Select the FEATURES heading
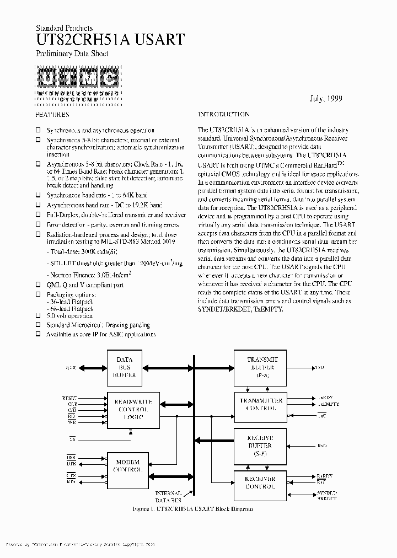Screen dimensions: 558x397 [x=52, y=115]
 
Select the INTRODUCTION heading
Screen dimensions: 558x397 [x=223, y=115]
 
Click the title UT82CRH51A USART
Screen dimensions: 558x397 [x=110, y=39]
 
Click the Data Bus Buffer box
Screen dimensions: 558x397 [x=124, y=367]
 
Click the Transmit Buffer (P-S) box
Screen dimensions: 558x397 [x=261, y=367]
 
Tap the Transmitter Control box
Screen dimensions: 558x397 [x=261, y=405]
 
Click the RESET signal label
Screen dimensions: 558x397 [x=71, y=398]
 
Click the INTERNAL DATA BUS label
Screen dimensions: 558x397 [x=168, y=496]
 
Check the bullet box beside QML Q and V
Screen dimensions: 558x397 [x=38, y=285]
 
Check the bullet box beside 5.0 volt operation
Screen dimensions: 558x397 [x=38, y=317]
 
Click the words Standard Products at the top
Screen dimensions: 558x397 [x=64, y=28]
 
